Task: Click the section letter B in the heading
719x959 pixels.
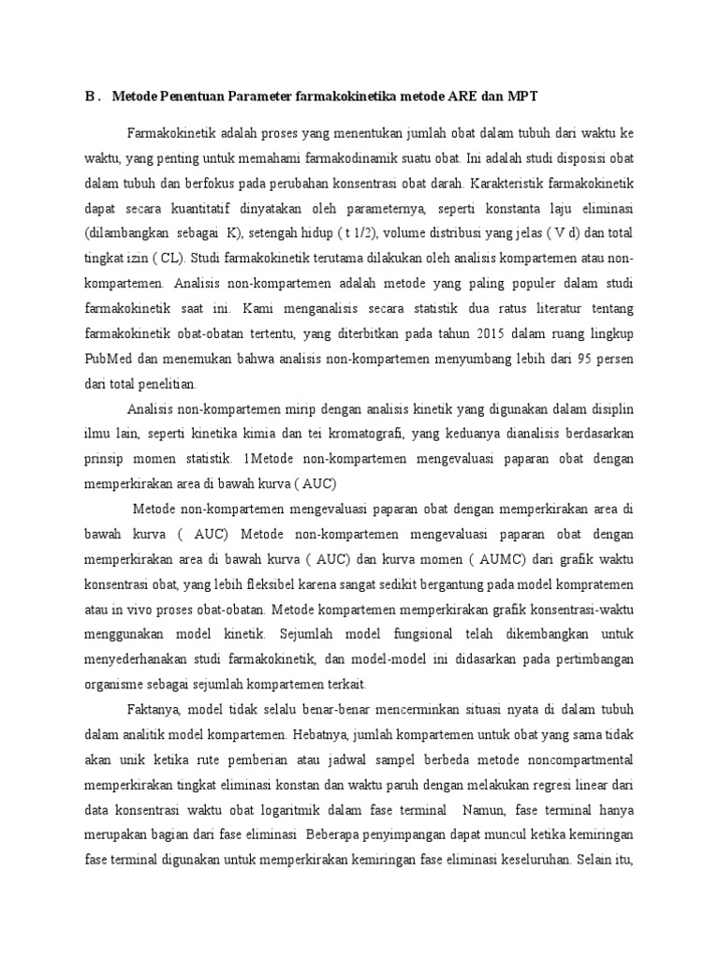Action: coord(90,96)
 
